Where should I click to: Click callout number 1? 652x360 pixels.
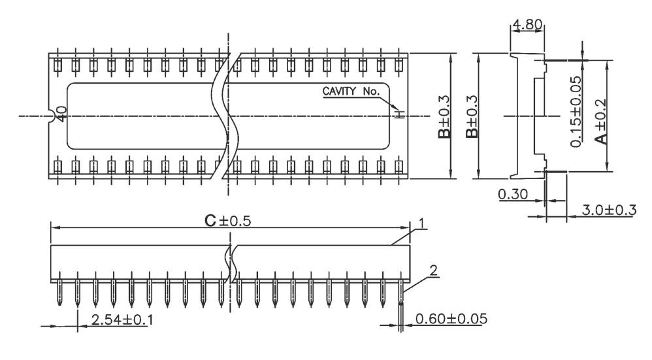pos(423,224)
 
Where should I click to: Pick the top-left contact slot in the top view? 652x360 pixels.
pos(58,65)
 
